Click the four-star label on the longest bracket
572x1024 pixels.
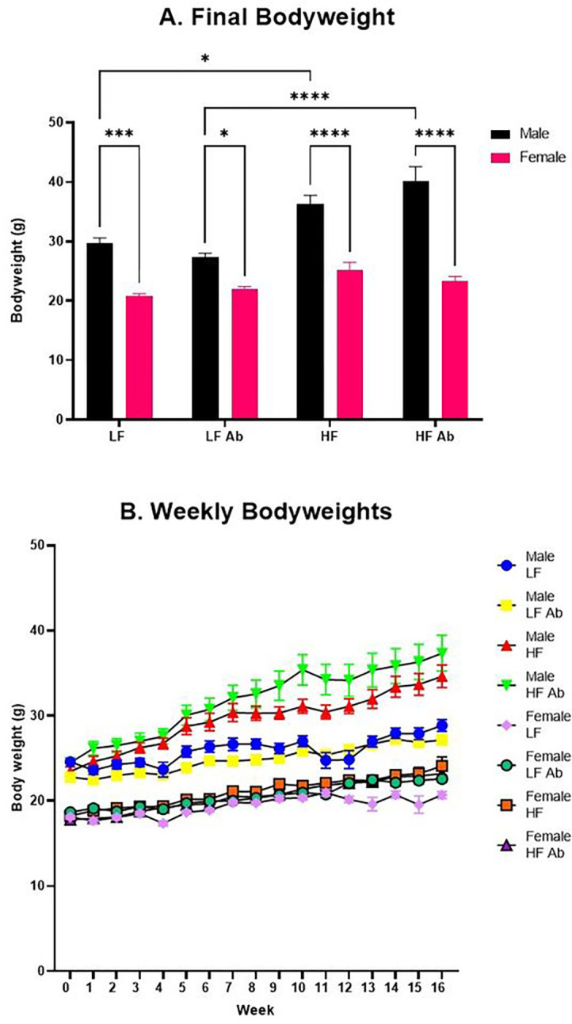tap(309, 97)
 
